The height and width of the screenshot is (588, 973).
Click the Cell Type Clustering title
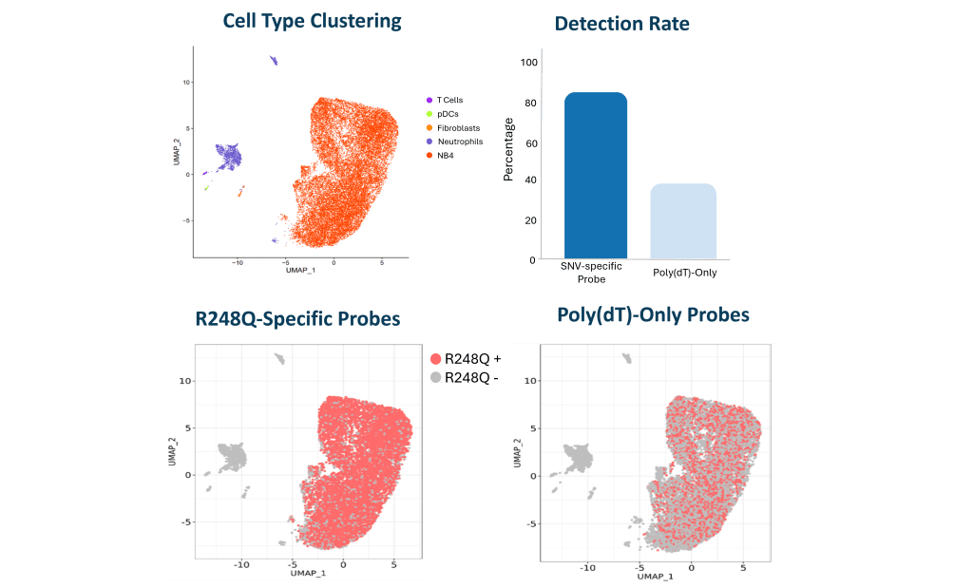tap(312, 20)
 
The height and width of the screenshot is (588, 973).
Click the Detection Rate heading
tap(622, 23)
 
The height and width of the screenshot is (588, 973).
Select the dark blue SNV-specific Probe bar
tap(596, 176)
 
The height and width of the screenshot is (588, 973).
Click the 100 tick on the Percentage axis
tap(529, 63)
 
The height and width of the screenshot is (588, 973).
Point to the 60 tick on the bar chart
tap(529, 142)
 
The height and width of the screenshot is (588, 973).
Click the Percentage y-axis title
tap(508, 149)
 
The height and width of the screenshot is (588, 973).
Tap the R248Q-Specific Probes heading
tap(296, 318)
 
